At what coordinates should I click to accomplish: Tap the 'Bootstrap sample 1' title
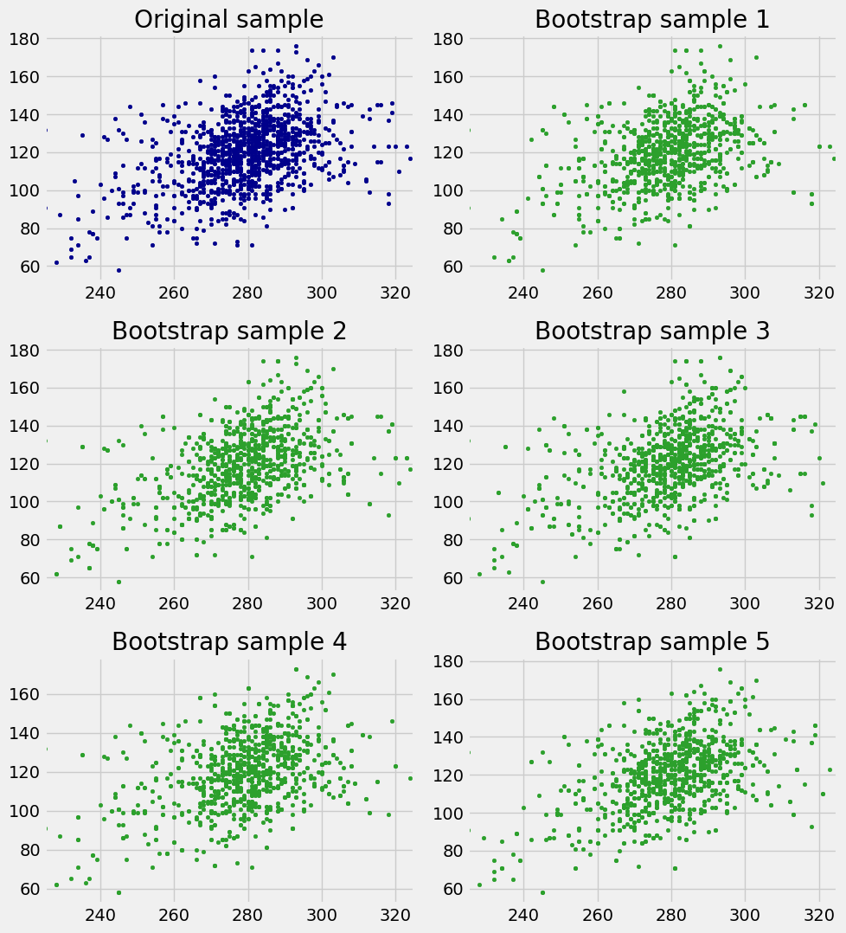[x=652, y=19]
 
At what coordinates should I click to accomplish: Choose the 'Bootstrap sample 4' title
[x=229, y=641]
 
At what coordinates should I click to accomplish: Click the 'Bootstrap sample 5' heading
[x=652, y=641]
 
